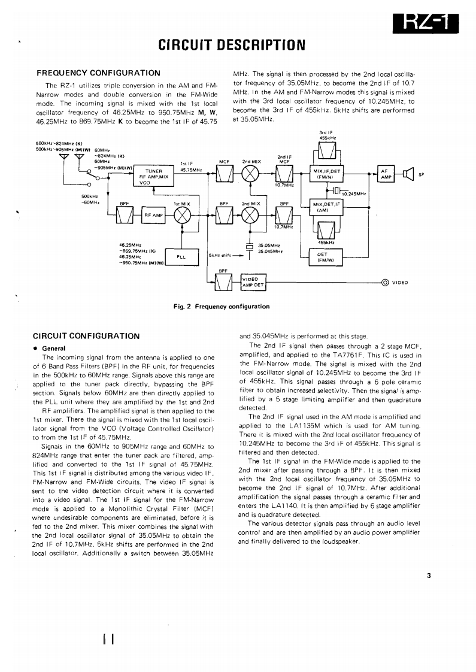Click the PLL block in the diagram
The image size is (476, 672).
[x=180, y=256]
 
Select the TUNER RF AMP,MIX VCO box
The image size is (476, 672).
[x=154, y=177]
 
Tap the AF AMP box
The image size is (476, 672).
[x=386, y=174]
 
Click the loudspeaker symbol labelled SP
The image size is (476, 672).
[x=409, y=174]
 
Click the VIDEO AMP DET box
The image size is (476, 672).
[x=252, y=282]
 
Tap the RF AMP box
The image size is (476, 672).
[x=153, y=215]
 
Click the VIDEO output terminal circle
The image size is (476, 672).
[x=385, y=283]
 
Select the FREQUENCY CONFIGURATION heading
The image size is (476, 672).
[x=99, y=73]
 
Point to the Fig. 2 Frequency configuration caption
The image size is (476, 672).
[x=222, y=307]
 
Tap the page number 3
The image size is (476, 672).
[x=429, y=576]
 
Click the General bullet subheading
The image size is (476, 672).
[x=53, y=348]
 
